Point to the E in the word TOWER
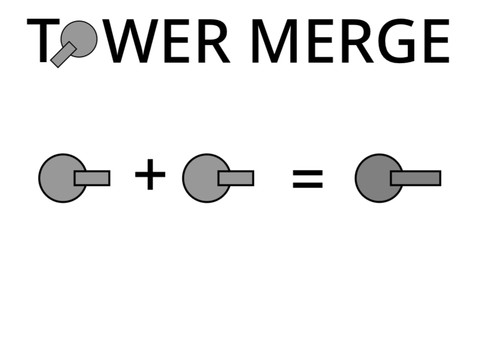point(181,41)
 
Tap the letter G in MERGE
point(391,41)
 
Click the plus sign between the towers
point(149,175)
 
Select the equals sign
point(307,179)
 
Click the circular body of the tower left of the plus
point(59,178)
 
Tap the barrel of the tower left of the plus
point(93,178)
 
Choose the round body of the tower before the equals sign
point(203,178)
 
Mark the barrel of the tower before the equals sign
point(237,178)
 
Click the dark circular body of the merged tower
point(375,178)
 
